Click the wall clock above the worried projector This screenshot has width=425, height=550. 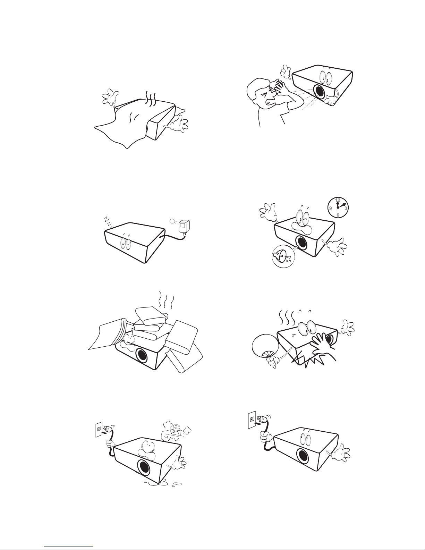click(338, 207)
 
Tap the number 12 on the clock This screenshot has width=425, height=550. click(338, 200)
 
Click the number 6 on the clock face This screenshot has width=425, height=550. click(338, 215)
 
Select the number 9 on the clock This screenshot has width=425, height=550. click(330, 208)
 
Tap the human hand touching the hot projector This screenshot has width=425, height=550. click(323, 347)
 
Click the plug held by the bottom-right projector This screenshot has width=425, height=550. click(263, 420)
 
